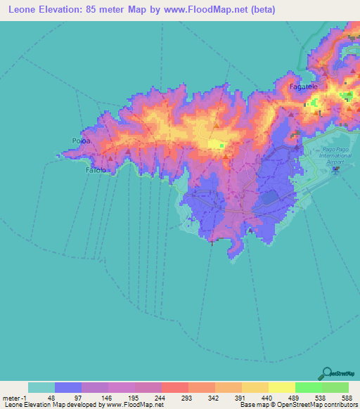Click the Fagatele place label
(x=303, y=86)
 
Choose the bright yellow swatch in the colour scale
(x=281, y=387)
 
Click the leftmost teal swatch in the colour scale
(x=41, y=387)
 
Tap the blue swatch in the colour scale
(x=67, y=387)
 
